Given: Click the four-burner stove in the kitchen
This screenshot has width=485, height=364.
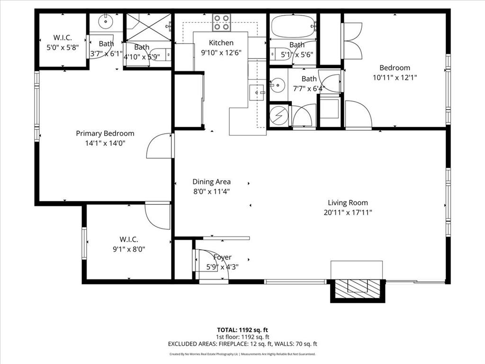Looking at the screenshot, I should pos(221,21).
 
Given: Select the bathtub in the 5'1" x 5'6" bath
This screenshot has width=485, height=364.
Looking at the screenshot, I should pos(292,22).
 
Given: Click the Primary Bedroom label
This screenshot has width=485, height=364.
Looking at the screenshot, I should pos(105,134).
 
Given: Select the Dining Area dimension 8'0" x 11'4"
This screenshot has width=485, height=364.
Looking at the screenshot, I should pos(211,191).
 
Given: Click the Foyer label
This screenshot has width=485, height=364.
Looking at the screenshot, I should pos(222,257).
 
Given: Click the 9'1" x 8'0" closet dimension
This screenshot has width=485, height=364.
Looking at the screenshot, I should pos(129,249).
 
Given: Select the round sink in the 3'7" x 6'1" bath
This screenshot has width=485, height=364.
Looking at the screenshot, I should pos(104,21).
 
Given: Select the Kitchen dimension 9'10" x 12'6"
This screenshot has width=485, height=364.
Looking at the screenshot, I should pos(221,53).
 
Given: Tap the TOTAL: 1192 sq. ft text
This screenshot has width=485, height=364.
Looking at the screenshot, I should pos(242,330).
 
